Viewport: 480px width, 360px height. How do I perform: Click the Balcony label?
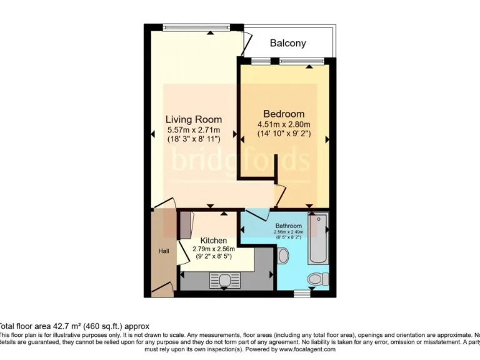click(287, 43)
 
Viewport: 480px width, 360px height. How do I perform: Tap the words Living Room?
click(193, 119)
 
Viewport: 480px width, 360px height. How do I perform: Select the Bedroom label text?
click(284, 114)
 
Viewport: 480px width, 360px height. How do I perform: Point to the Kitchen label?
click(214, 240)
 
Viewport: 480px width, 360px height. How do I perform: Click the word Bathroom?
click(288, 226)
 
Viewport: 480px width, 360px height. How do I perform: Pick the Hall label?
click(163, 251)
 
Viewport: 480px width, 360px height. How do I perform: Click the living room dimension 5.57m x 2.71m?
click(193, 129)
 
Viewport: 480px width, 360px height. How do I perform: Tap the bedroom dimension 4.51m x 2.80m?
click(284, 124)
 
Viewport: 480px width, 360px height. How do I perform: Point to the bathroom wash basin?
click(282, 256)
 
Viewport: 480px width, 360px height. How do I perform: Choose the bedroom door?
click(279, 194)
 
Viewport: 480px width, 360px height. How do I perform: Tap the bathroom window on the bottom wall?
click(302, 292)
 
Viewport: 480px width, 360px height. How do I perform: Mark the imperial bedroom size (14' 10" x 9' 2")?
click(284, 133)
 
